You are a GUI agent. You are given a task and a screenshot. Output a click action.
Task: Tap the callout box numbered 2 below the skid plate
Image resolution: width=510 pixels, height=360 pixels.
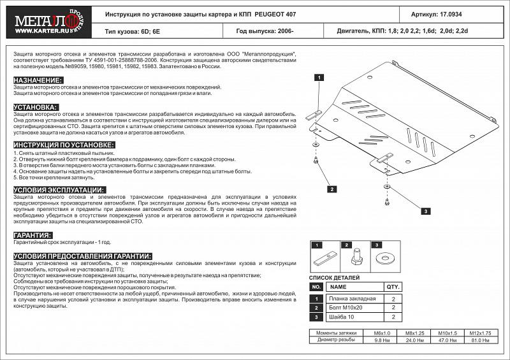tap(332, 189)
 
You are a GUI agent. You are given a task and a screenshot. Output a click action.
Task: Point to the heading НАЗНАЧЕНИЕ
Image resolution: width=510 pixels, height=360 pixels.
tap(38, 80)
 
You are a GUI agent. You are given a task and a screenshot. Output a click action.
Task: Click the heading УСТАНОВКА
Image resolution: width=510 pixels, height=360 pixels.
tap(36, 107)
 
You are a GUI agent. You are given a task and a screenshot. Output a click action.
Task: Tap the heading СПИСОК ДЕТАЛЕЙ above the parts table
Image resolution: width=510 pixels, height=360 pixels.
tap(334, 278)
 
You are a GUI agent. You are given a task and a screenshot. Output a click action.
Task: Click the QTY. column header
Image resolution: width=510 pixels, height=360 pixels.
tap(393, 287)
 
